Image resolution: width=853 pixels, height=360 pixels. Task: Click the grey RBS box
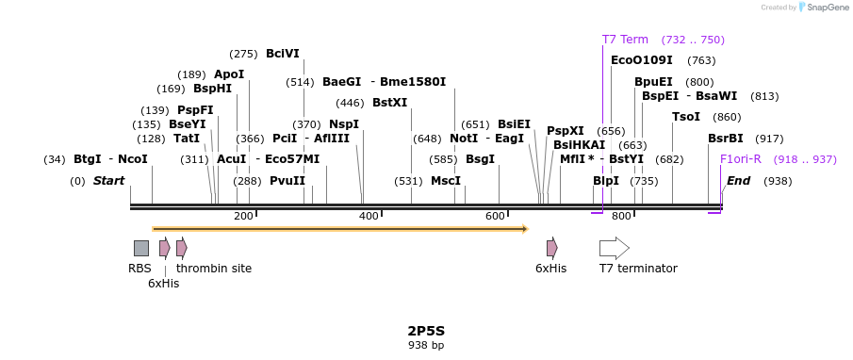click(140, 248)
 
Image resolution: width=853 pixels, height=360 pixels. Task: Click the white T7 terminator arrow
click(614, 248)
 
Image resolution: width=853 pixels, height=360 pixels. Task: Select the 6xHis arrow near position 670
click(551, 248)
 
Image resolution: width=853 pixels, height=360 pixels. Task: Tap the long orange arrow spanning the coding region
click(339, 228)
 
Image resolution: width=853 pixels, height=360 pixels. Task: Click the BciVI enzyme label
click(283, 54)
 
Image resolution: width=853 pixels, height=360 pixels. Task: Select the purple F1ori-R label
click(740, 159)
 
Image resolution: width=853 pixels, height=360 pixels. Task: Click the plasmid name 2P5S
click(425, 331)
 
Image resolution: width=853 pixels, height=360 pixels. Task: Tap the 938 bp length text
click(425, 346)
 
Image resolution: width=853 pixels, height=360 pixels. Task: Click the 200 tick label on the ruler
click(243, 217)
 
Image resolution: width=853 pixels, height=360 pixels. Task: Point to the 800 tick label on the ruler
click(621, 217)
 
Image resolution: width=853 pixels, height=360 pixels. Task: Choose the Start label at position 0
click(108, 181)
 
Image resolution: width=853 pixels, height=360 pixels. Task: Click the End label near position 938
click(738, 181)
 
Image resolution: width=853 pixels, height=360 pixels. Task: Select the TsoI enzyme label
click(685, 117)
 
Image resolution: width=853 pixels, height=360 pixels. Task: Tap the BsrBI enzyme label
click(725, 139)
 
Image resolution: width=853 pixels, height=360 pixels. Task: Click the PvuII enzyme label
click(287, 181)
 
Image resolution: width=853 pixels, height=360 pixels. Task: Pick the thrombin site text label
click(214, 269)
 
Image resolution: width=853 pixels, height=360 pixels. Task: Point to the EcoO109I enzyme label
click(641, 60)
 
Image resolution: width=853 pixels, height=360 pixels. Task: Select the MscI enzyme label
click(446, 181)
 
